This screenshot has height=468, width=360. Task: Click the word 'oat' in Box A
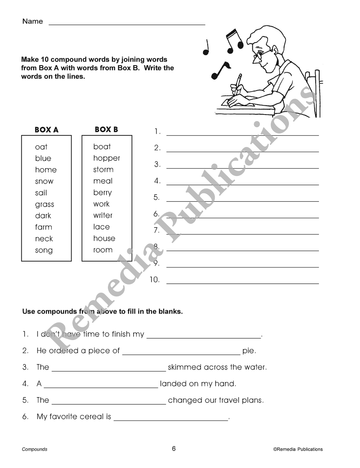click(x=41, y=147)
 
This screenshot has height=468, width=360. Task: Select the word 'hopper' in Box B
click(x=107, y=158)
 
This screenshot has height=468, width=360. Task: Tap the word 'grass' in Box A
click(x=45, y=204)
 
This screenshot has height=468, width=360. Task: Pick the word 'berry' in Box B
click(x=103, y=193)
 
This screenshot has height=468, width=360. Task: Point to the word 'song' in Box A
click(x=44, y=251)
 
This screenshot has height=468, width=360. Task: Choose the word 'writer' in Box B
click(x=103, y=215)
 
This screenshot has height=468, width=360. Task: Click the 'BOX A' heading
click(x=46, y=130)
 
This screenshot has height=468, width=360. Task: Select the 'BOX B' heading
click(x=106, y=130)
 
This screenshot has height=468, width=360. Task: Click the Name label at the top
click(x=32, y=21)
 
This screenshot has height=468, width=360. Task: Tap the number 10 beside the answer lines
click(x=154, y=279)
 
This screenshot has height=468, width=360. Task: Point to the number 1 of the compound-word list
click(x=157, y=131)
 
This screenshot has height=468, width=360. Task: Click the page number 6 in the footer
click(x=174, y=449)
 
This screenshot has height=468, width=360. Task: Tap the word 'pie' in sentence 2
click(x=249, y=351)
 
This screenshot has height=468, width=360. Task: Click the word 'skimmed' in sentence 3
click(x=184, y=367)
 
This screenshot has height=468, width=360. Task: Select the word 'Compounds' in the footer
click(x=35, y=449)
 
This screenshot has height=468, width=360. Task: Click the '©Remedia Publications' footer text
click(x=298, y=449)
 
